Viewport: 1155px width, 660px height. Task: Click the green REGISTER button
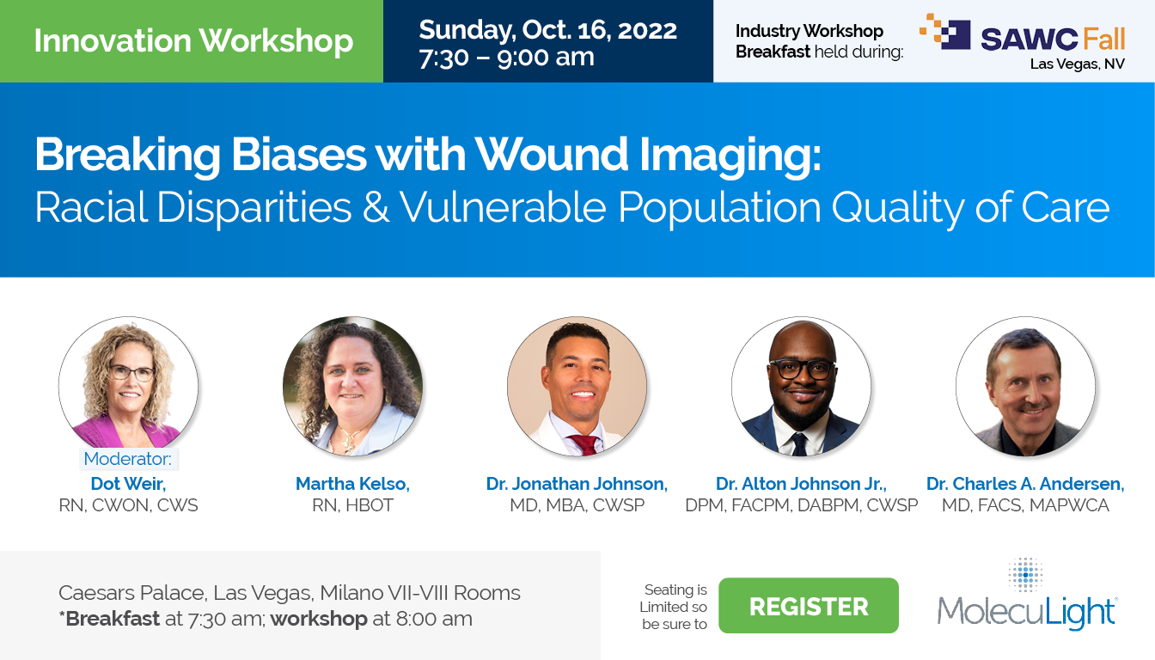808,606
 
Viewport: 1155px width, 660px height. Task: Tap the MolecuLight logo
1027,597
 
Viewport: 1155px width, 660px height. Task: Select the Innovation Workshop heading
193,41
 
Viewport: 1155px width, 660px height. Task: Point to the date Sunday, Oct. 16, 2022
547,30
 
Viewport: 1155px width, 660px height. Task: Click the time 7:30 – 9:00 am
506,58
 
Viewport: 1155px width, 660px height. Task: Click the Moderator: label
128,459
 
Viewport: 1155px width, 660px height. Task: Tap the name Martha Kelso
352,484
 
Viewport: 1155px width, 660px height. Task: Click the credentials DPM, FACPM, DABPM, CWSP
801,505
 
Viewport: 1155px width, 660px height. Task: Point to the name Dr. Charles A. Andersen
1025,484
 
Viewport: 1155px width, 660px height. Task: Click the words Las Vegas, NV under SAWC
1077,64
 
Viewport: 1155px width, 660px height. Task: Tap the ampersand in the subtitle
376,209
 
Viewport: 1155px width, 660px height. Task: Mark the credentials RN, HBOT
352,505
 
